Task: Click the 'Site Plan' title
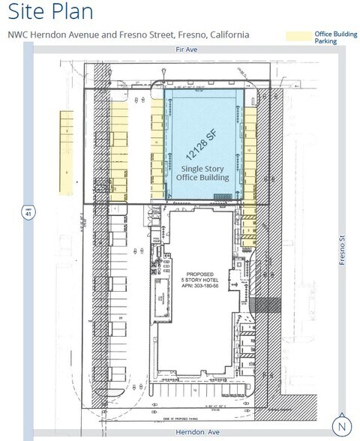tap(50, 13)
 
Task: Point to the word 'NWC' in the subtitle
tap(18, 35)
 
